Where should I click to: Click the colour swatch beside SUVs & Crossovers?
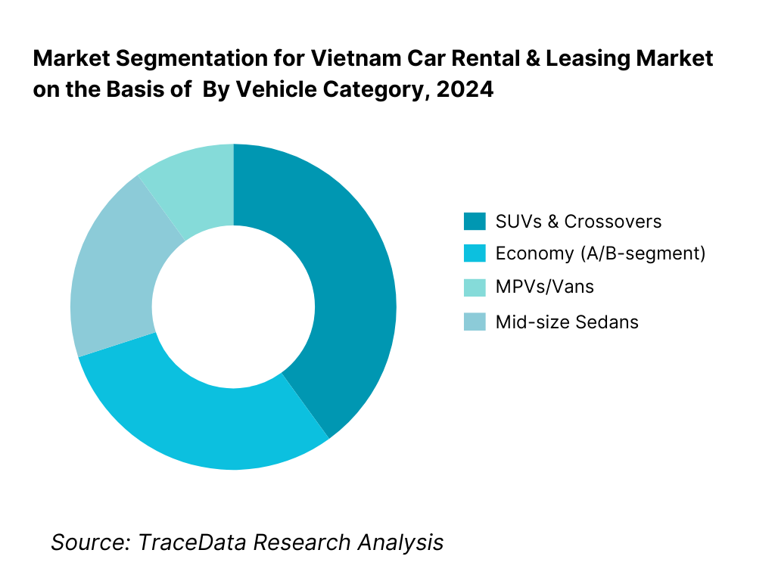475,222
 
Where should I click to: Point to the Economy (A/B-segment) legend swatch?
475,254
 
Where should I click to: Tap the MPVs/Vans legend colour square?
475,287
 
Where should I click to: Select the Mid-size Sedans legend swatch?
475,322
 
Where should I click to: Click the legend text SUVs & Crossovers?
578,222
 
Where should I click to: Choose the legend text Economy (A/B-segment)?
600,254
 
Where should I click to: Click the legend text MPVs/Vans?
544,287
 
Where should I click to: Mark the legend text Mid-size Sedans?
567,322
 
